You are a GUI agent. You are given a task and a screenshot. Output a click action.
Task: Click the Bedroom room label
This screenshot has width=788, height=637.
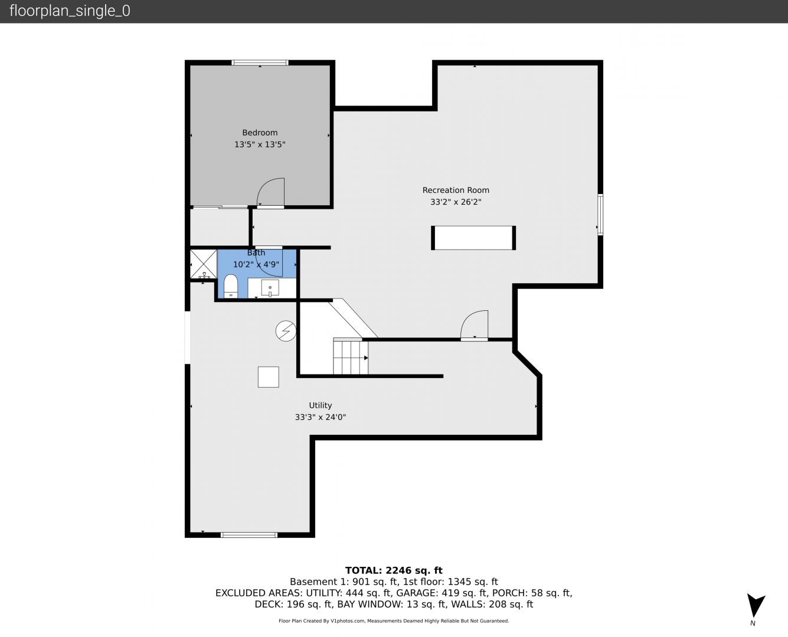tap(260, 133)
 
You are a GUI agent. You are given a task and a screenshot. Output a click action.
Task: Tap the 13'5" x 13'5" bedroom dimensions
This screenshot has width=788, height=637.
tap(260, 145)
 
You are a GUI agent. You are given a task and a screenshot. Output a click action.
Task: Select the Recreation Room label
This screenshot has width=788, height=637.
tap(456, 190)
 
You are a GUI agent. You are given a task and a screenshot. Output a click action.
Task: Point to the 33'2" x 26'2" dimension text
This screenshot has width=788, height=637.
tap(456, 202)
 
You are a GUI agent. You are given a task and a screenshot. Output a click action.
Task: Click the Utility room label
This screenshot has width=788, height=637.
tap(321, 405)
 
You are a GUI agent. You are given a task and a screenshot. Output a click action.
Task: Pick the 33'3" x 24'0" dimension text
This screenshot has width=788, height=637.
tap(321, 417)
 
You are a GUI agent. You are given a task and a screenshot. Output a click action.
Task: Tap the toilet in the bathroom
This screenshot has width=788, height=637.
tap(230, 286)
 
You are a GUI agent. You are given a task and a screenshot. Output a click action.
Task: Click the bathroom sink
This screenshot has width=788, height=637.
tap(270, 288)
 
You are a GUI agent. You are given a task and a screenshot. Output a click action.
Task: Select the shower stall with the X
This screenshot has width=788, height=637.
tap(203, 264)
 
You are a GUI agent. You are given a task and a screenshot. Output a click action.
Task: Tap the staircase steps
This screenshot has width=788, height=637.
tap(351, 357)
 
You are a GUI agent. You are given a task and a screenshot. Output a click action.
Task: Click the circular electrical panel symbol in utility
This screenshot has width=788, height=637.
tap(286, 330)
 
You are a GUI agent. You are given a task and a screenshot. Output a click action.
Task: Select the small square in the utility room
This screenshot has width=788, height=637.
tap(268, 377)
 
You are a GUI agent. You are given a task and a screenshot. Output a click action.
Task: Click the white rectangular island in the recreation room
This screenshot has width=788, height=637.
tap(473, 238)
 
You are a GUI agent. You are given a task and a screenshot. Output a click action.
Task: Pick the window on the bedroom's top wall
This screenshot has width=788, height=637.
tap(260, 63)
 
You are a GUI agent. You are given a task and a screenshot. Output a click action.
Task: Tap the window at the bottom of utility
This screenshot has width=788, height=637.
tap(249, 534)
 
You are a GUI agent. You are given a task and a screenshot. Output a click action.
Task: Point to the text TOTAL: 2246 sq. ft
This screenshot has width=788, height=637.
tap(394, 570)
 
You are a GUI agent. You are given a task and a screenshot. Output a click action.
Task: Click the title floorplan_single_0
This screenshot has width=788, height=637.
tap(70, 11)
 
